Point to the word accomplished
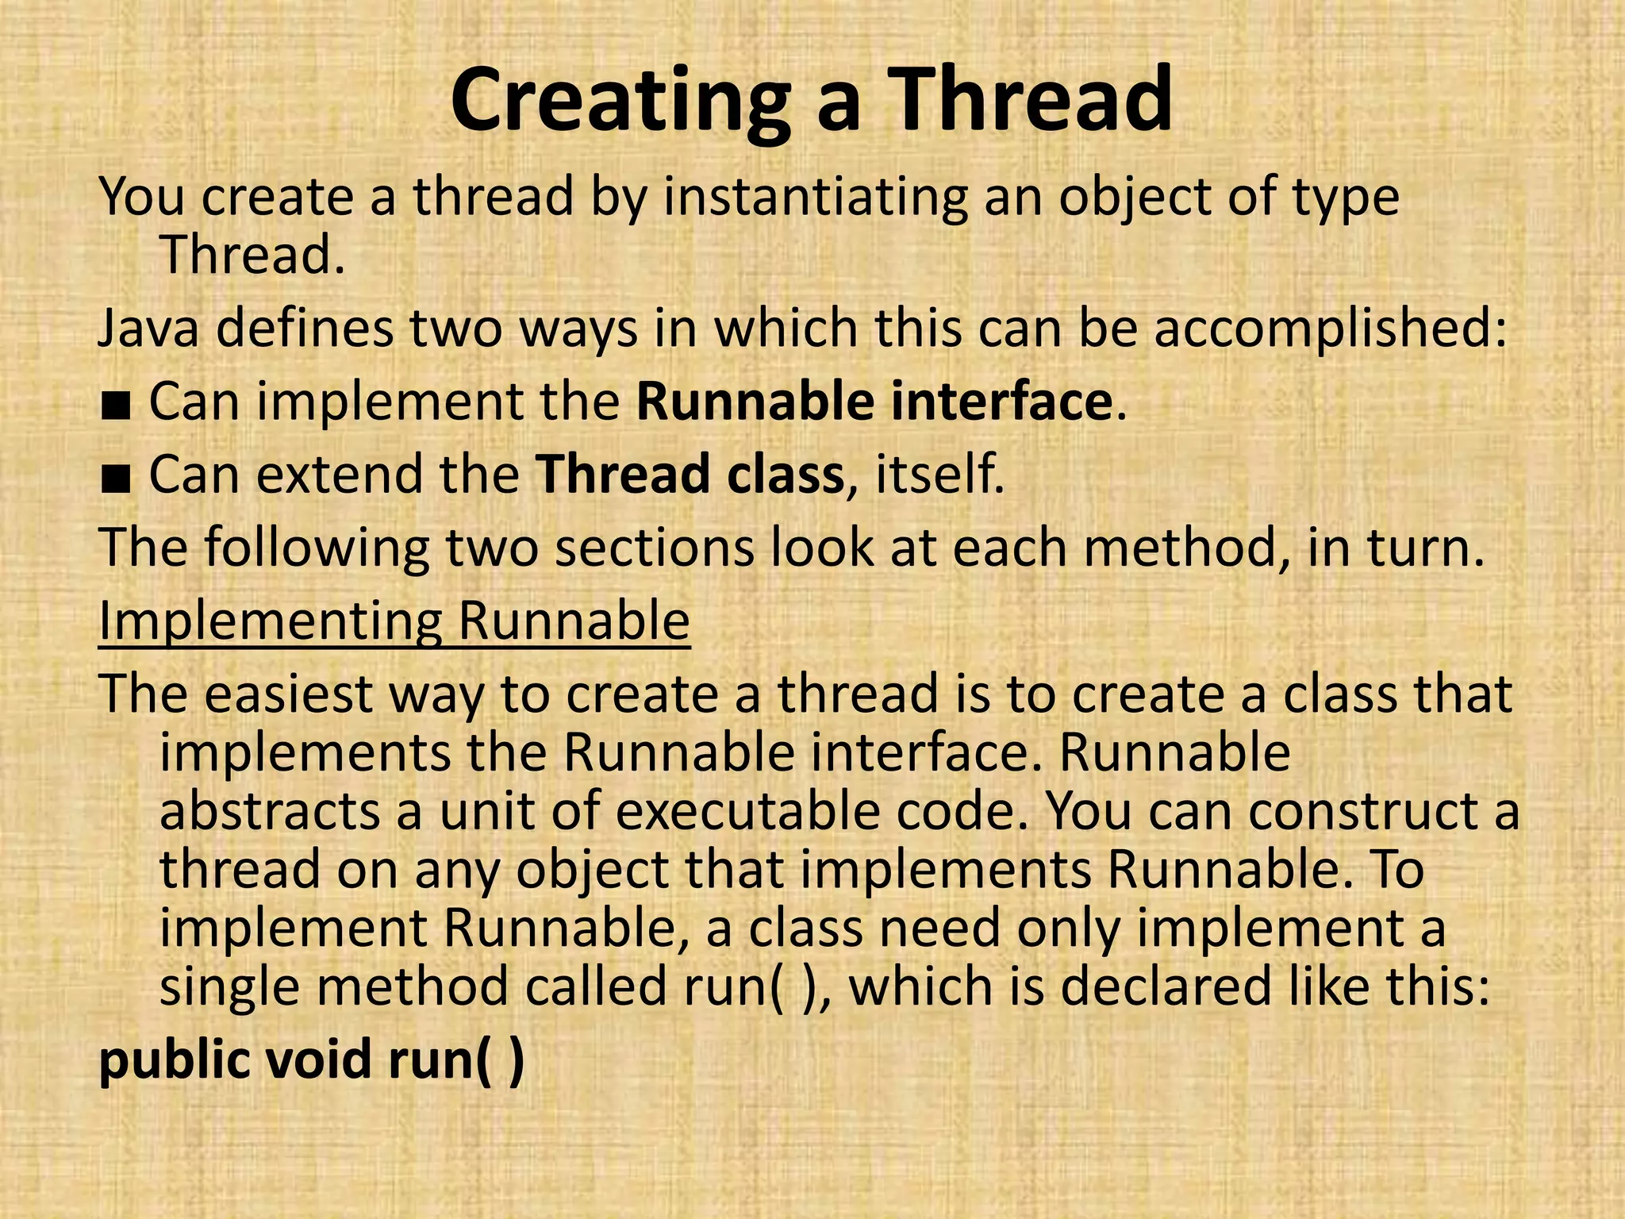coord(1330,328)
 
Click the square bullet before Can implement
coord(115,403)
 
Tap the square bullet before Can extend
coord(115,476)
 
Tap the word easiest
coord(289,694)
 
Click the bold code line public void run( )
coord(311,1059)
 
